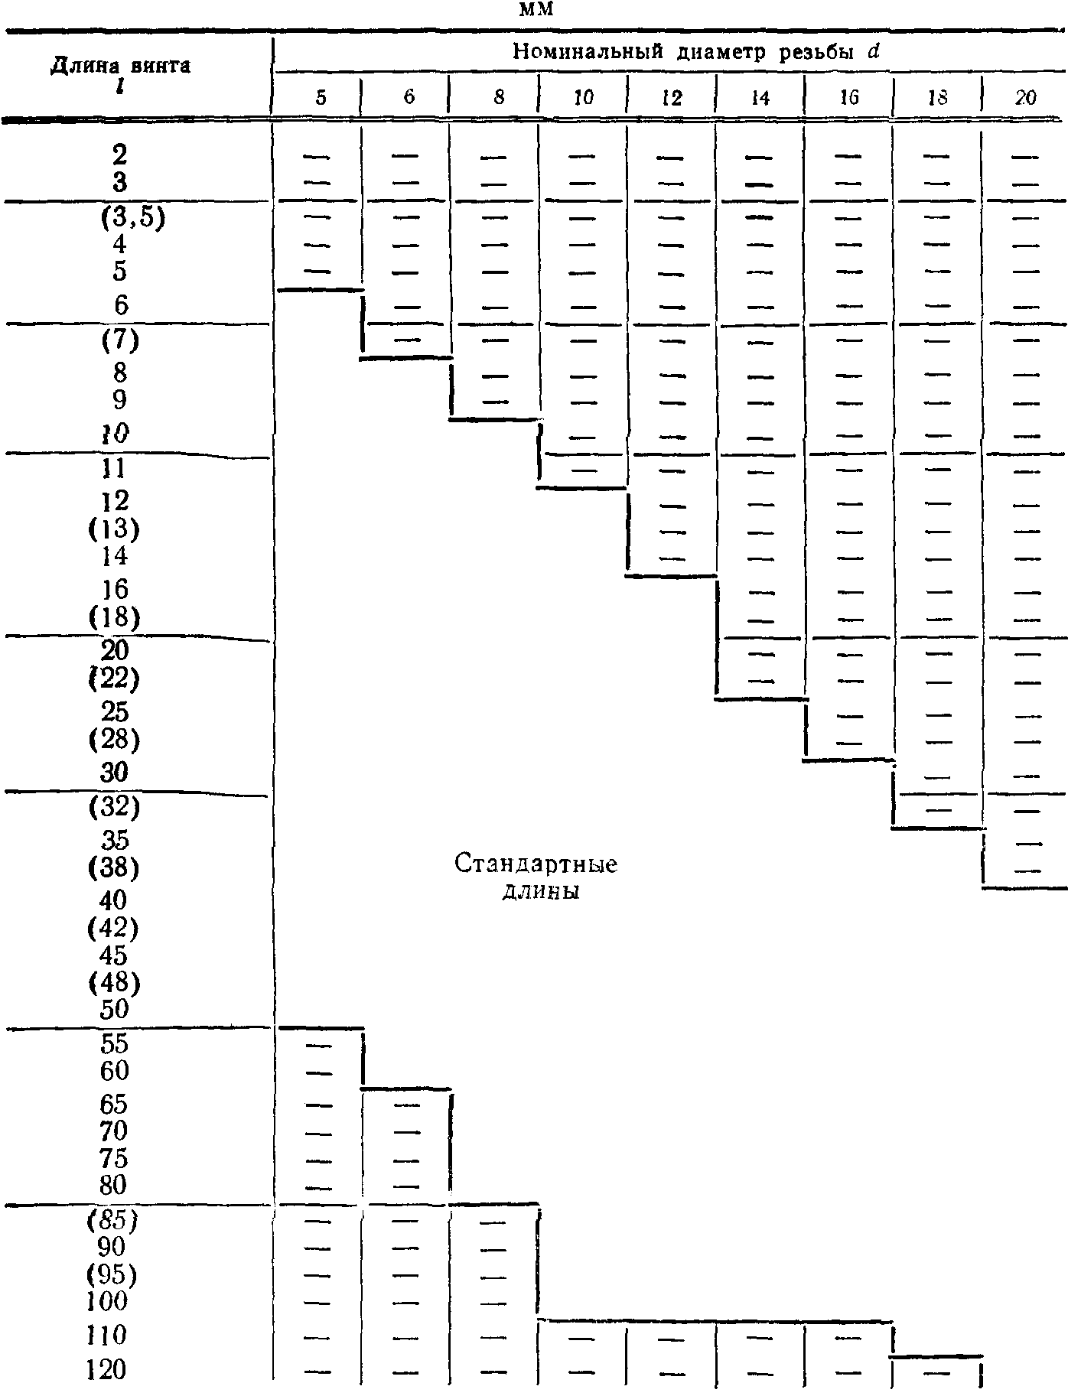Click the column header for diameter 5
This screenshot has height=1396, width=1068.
(x=321, y=97)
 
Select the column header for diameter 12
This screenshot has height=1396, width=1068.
(x=672, y=97)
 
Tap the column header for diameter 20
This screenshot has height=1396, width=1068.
(x=1025, y=97)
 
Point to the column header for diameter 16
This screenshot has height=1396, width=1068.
(x=849, y=97)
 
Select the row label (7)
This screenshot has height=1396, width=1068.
(x=119, y=340)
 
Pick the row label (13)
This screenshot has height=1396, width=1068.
(x=114, y=529)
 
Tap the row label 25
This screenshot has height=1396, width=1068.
(x=114, y=711)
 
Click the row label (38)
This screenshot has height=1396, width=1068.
(x=113, y=867)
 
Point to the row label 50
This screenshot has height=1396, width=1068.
(x=114, y=1009)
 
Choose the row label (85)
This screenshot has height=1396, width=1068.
(x=112, y=1220)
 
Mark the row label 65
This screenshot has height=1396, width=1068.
(x=114, y=1104)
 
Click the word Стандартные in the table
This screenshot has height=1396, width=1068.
(x=536, y=864)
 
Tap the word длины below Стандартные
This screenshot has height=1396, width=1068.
(x=540, y=892)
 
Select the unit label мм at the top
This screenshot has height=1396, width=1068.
(x=536, y=10)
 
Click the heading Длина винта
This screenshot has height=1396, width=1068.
(x=120, y=66)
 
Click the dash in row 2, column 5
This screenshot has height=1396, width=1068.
(x=314, y=157)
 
